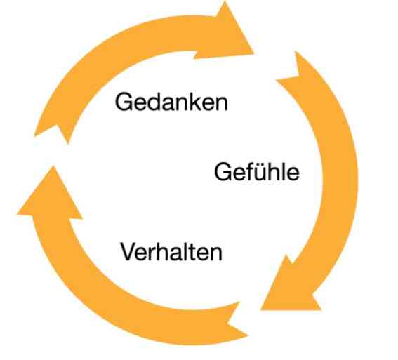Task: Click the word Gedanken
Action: (171, 102)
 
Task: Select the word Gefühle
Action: (257, 172)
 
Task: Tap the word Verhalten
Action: (171, 252)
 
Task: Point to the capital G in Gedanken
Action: (124, 102)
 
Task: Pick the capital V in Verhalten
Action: (129, 252)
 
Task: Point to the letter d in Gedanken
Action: (155, 102)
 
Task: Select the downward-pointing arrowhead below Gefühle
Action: (291, 287)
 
